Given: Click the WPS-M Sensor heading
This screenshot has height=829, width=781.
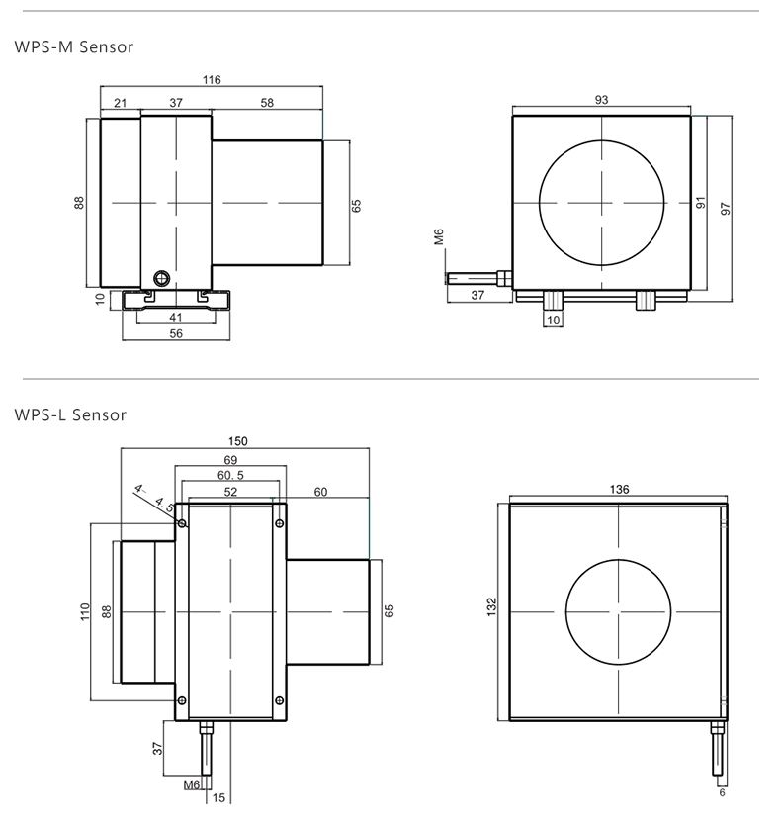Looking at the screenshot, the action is [74, 47].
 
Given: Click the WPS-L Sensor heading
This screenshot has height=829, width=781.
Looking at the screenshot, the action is [70, 415].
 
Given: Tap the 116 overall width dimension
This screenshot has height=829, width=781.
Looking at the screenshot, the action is [212, 80].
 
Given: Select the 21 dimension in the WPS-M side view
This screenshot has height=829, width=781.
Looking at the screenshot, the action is [121, 103].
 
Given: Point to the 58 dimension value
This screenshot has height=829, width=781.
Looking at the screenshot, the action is [267, 103].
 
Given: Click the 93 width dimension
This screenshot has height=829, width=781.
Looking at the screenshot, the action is [601, 100].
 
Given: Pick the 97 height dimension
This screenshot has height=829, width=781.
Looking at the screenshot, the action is [726, 209].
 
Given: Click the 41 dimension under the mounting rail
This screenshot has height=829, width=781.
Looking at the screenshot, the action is [176, 318].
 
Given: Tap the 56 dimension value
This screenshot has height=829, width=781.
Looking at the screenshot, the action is [176, 334].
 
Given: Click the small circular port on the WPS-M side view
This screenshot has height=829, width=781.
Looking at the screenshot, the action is [161, 278].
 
